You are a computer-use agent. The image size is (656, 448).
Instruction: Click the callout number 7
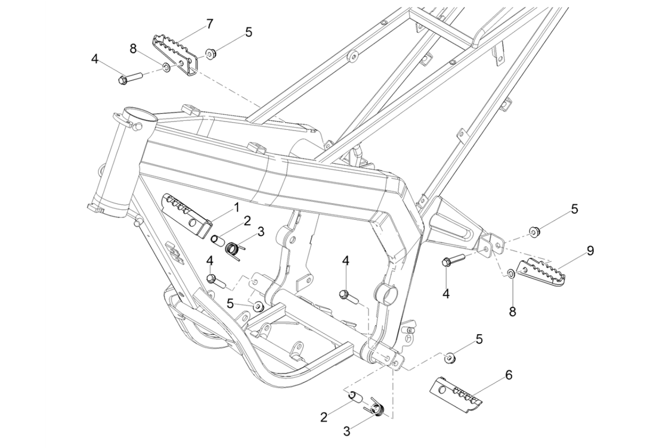(x=209, y=24)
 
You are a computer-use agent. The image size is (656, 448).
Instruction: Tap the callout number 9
(x=590, y=251)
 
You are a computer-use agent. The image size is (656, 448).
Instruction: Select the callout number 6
(x=508, y=375)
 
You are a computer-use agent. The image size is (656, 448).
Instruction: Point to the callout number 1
(x=236, y=207)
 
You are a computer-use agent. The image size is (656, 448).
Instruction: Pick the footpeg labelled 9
(x=541, y=273)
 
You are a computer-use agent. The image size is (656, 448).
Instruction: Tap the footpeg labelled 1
(x=187, y=213)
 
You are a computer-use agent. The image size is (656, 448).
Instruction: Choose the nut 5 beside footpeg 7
(x=211, y=55)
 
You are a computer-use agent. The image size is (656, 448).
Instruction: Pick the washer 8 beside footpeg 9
(x=511, y=273)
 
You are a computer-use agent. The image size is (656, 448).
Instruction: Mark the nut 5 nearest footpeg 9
(x=534, y=231)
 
